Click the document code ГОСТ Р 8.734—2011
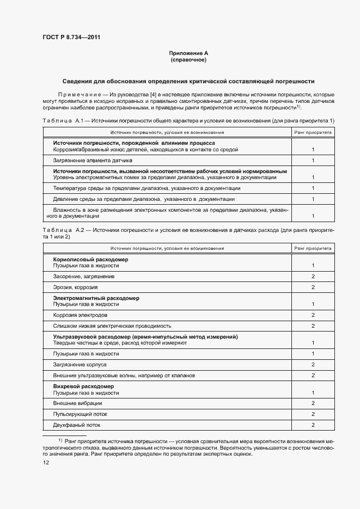pos(71,38)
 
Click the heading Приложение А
pos(188,53)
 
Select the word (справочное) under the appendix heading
pos(188,60)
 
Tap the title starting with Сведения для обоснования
pos(188,81)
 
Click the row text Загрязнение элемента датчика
pos(93,161)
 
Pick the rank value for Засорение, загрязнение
pos(313,277)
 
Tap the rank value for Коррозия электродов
pos(313,315)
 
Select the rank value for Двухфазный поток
pos(313,425)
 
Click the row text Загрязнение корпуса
pos(80,364)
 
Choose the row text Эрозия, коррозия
pos(75,287)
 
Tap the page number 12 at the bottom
pos(46,463)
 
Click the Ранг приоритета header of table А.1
pos(313,132)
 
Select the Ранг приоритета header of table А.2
pos(313,248)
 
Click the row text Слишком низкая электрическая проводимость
pos(112,326)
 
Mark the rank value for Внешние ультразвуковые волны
pos(313,376)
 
